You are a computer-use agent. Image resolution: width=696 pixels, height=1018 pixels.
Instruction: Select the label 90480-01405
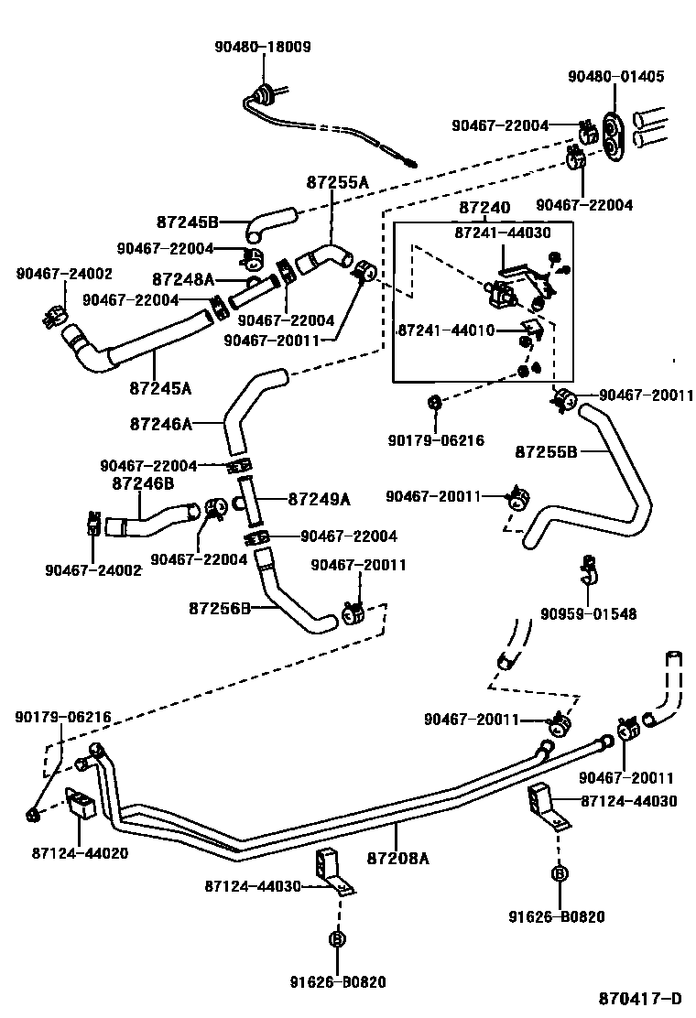pos(614,77)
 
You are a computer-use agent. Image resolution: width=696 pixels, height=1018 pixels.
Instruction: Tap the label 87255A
pos(337,183)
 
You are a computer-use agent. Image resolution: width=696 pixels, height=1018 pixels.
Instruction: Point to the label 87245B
pos(187,222)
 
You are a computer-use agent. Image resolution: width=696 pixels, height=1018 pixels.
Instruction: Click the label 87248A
pos(183,279)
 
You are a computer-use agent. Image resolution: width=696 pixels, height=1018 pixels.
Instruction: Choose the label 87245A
pos(160,387)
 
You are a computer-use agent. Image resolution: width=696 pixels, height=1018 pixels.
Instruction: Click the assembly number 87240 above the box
pos(484,209)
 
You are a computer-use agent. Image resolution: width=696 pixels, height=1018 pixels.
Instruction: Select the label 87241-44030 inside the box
pos(503,233)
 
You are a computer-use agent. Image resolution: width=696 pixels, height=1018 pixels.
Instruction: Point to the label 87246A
pos(161,424)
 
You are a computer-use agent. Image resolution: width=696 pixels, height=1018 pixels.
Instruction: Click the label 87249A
pos(320,499)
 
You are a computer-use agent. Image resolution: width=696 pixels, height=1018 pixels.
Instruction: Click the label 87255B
pos(547,451)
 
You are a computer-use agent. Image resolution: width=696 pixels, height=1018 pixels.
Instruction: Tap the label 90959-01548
pos(588,614)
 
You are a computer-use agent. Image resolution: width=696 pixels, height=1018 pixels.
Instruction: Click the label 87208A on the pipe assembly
pos(397,858)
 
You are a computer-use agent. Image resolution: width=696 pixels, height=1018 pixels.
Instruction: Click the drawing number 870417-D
pos(641,998)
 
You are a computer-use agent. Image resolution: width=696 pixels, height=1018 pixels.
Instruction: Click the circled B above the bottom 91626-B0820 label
pos(337,939)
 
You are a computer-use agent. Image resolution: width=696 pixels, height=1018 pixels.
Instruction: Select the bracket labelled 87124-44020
pos(83,803)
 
